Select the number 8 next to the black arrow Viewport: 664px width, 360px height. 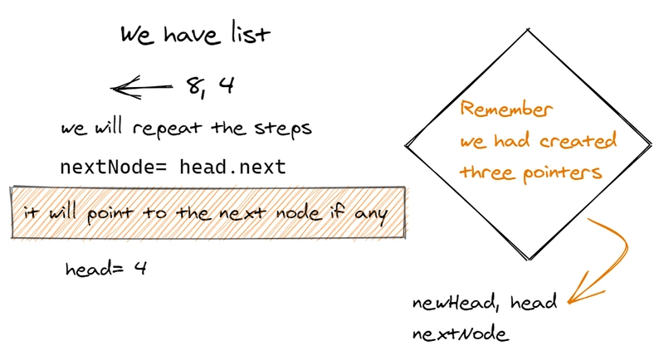193,85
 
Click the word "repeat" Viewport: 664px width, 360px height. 164,129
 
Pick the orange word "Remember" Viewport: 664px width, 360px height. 506,109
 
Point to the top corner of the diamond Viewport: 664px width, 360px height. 527,31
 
